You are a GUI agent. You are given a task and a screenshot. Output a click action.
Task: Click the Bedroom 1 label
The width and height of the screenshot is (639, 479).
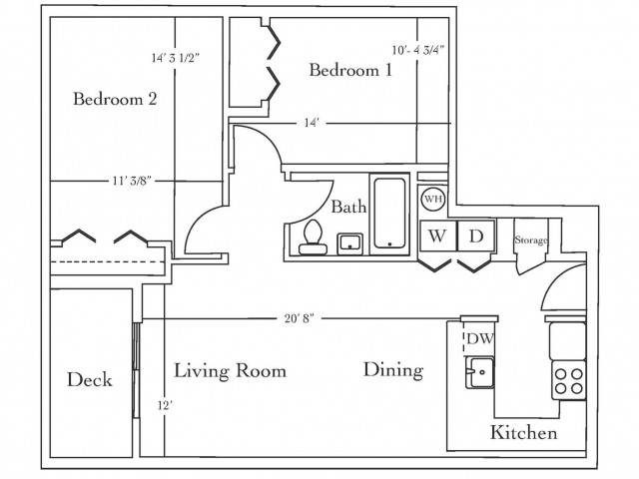350,70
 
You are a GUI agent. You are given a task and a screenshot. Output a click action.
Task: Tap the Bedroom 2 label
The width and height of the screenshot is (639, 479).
115,99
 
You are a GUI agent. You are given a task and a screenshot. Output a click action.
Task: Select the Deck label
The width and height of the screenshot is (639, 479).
89,379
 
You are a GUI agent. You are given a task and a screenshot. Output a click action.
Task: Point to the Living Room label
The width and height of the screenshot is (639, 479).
231,370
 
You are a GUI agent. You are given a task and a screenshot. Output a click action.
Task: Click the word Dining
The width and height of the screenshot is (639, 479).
393,370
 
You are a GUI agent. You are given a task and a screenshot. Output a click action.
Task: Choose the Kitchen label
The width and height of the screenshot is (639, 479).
523,432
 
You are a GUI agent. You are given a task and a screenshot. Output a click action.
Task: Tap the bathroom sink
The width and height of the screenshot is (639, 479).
349,243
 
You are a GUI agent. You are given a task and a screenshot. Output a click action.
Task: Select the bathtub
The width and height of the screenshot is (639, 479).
389,214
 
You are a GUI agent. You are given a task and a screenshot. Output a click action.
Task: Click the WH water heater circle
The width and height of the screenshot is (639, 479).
433,199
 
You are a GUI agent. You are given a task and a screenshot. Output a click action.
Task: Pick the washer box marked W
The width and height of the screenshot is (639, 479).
438,236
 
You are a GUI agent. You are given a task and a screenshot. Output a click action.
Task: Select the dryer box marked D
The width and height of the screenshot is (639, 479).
476,236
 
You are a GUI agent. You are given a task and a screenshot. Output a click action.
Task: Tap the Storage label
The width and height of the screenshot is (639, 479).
530,239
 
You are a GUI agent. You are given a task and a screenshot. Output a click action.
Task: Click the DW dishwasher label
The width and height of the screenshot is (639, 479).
479,338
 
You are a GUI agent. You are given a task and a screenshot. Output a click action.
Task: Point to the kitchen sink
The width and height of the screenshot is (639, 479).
480,372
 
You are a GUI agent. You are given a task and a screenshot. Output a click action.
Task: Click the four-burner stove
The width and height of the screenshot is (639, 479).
569,380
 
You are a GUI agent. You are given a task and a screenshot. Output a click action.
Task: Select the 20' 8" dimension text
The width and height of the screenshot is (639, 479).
300,318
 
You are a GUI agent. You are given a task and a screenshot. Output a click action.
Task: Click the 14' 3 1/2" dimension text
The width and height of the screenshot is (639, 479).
176,58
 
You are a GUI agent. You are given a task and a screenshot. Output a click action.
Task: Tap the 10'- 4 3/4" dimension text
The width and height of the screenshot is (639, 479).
418,50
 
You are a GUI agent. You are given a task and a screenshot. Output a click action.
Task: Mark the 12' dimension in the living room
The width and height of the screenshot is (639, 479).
165,406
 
